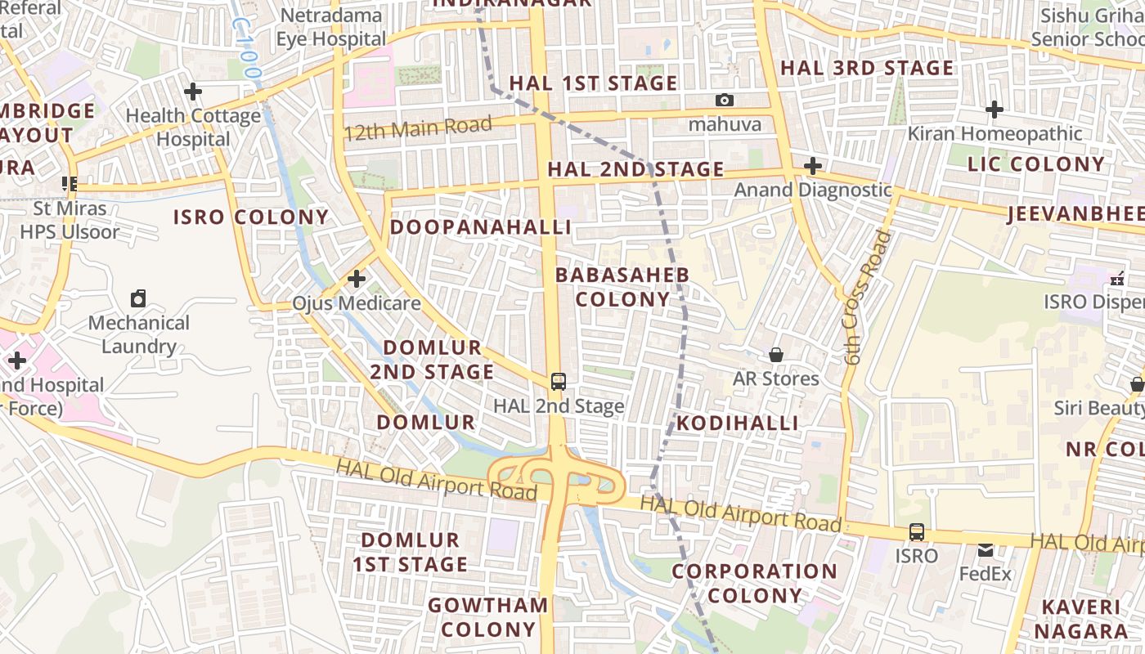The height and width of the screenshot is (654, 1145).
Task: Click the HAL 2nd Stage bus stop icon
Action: [559, 381]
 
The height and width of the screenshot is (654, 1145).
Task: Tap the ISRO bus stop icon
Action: [917, 532]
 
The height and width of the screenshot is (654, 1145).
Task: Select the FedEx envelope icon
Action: [986, 550]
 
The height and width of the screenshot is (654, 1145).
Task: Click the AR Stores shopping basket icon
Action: [775, 355]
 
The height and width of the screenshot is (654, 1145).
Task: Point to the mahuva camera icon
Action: [724, 101]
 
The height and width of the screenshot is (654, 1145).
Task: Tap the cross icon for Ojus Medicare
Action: [357, 279]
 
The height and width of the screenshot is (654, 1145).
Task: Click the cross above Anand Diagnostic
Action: [812, 166]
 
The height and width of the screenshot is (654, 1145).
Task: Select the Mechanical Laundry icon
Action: [139, 298]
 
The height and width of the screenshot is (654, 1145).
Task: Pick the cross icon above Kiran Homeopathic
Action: [995, 109]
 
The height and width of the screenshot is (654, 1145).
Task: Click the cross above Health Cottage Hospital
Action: [193, 92]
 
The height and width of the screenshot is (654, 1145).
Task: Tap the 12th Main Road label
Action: [418, 128]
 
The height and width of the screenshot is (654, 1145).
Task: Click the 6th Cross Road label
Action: [866, 298]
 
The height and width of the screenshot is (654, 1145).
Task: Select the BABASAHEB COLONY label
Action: [622, 287]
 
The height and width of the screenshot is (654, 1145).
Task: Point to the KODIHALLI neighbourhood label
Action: [737, 423]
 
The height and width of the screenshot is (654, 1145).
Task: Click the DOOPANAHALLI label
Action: [480, 227]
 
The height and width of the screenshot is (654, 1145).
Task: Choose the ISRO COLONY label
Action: [251, 217]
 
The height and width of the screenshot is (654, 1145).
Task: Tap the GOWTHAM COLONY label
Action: [488, 617]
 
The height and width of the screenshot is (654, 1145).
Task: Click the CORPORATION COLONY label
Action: [754, 583]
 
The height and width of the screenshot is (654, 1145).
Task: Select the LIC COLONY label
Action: [1036, 164]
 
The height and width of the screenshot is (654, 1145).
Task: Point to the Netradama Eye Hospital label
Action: [330, 27]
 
